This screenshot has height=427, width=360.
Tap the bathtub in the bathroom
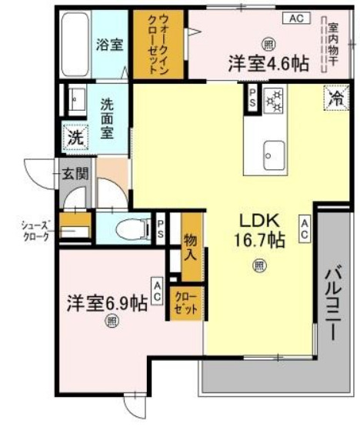76,45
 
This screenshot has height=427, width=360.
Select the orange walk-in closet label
160,44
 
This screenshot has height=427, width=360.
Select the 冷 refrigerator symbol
336,97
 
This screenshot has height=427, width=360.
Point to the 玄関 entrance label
75,173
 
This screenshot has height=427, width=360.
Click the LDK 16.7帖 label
259,229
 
